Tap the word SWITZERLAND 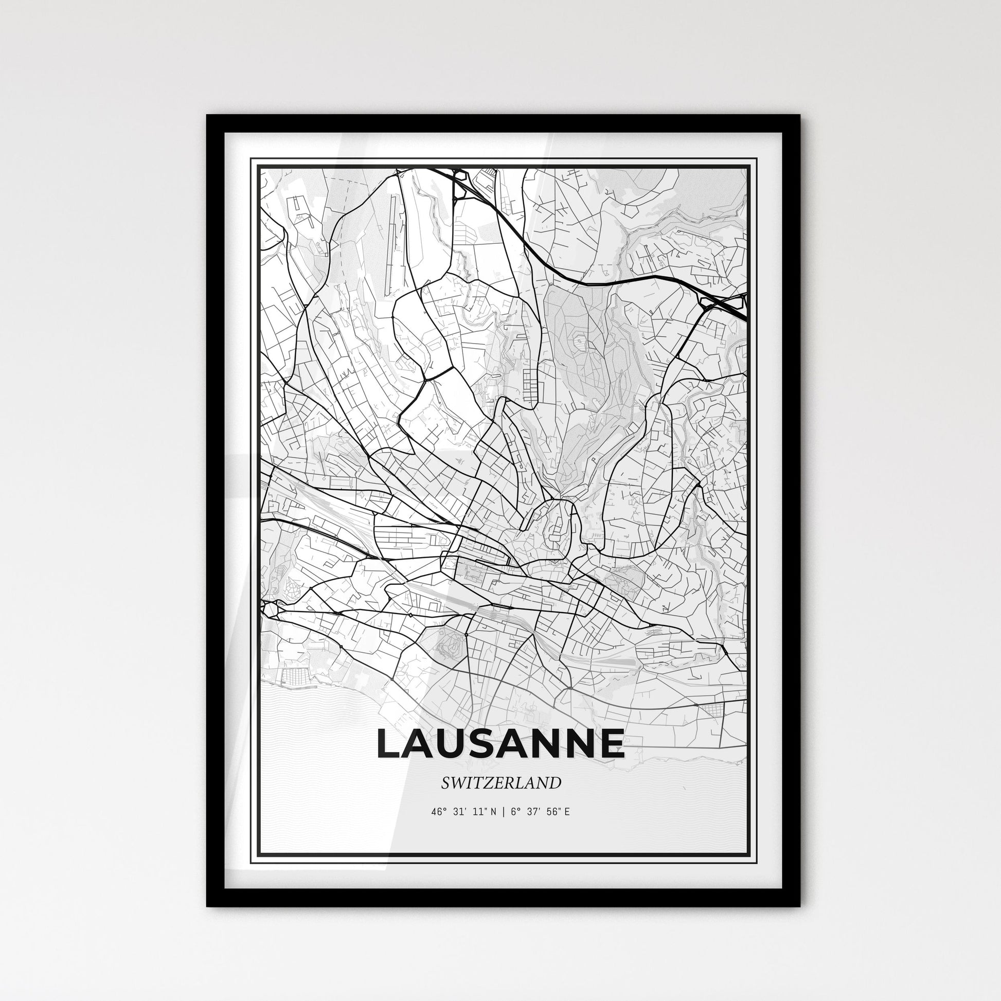point(501,783)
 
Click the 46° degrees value point(438,811)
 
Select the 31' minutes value point(459,811)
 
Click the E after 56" point(567,811)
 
